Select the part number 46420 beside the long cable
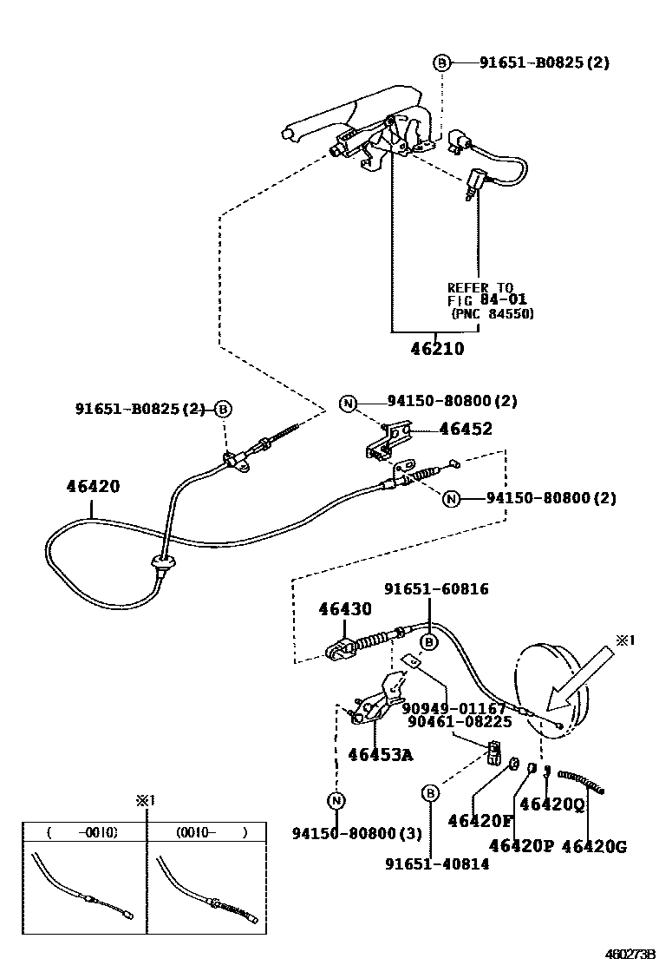coord(93,487)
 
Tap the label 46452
coord(465,429)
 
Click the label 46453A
coord(380,754)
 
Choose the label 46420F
coord(480,820)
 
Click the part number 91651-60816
coord(439,589)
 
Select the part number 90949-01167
coord(453,708)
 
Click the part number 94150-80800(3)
coord(356,834)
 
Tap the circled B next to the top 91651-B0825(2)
coord(441,62)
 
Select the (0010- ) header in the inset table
coord(212,833)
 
